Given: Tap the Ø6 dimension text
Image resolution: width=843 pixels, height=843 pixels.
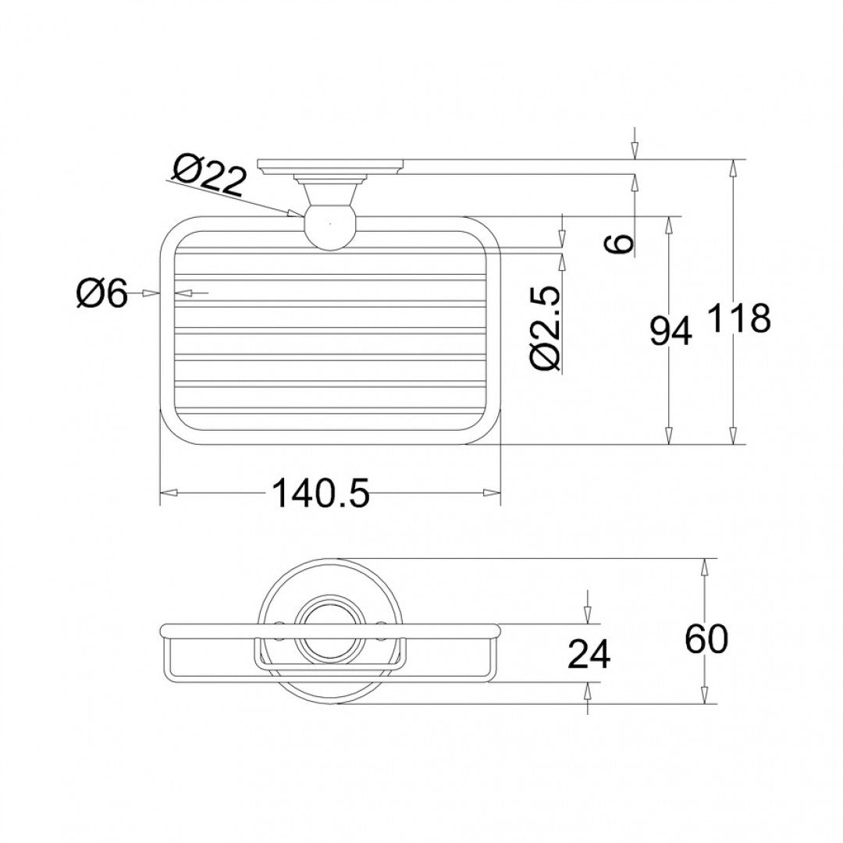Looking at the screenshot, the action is pyautogui.click(x=102, y=294).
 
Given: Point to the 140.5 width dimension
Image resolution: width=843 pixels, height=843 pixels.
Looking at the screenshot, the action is pyautogui.click(x=322, y=493).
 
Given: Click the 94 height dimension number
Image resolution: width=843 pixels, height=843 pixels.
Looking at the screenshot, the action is pyautogui.click(x=670, y=331).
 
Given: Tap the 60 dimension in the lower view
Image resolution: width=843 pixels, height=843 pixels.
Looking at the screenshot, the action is pyautogui.click(x=706, y=638).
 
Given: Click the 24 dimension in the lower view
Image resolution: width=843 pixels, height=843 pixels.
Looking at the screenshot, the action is pyautogui.click(x=589, y=654).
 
